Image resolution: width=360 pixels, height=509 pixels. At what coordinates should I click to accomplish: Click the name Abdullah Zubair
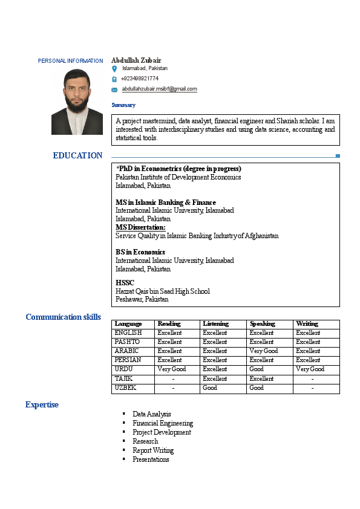136,60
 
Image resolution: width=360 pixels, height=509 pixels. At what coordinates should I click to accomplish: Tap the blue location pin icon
114,70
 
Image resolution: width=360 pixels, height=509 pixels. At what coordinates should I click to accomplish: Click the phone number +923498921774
139,79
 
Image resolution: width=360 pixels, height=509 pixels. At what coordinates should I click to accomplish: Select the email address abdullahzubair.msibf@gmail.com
159,89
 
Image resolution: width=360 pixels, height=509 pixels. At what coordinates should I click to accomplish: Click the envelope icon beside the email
114,89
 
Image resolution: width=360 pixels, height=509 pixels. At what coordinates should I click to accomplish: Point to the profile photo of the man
77,100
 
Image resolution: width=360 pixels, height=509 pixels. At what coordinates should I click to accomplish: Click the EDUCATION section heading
77,155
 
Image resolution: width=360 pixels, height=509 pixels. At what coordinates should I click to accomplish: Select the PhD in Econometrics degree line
179,169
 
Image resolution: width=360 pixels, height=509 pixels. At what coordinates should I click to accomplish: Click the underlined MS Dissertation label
140,227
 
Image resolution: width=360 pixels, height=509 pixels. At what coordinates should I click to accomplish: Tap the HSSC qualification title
125,282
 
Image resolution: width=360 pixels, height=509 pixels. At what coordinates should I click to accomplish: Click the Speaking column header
262,324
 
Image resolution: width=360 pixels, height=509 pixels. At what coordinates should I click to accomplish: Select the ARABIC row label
126,351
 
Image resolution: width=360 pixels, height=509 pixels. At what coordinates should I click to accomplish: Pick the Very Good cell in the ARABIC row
263,351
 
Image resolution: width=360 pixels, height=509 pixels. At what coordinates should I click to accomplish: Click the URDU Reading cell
172,369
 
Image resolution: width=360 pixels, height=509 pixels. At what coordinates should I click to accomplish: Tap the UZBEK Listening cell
210,388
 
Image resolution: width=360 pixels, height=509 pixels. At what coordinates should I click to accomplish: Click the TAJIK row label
123,378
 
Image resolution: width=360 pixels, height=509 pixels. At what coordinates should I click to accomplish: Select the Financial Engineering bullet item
163,423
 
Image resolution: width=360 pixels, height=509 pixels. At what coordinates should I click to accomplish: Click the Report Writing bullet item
153,450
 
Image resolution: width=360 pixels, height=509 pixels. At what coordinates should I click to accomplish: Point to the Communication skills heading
63,317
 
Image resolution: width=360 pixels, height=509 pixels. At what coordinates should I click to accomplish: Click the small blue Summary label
123,105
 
